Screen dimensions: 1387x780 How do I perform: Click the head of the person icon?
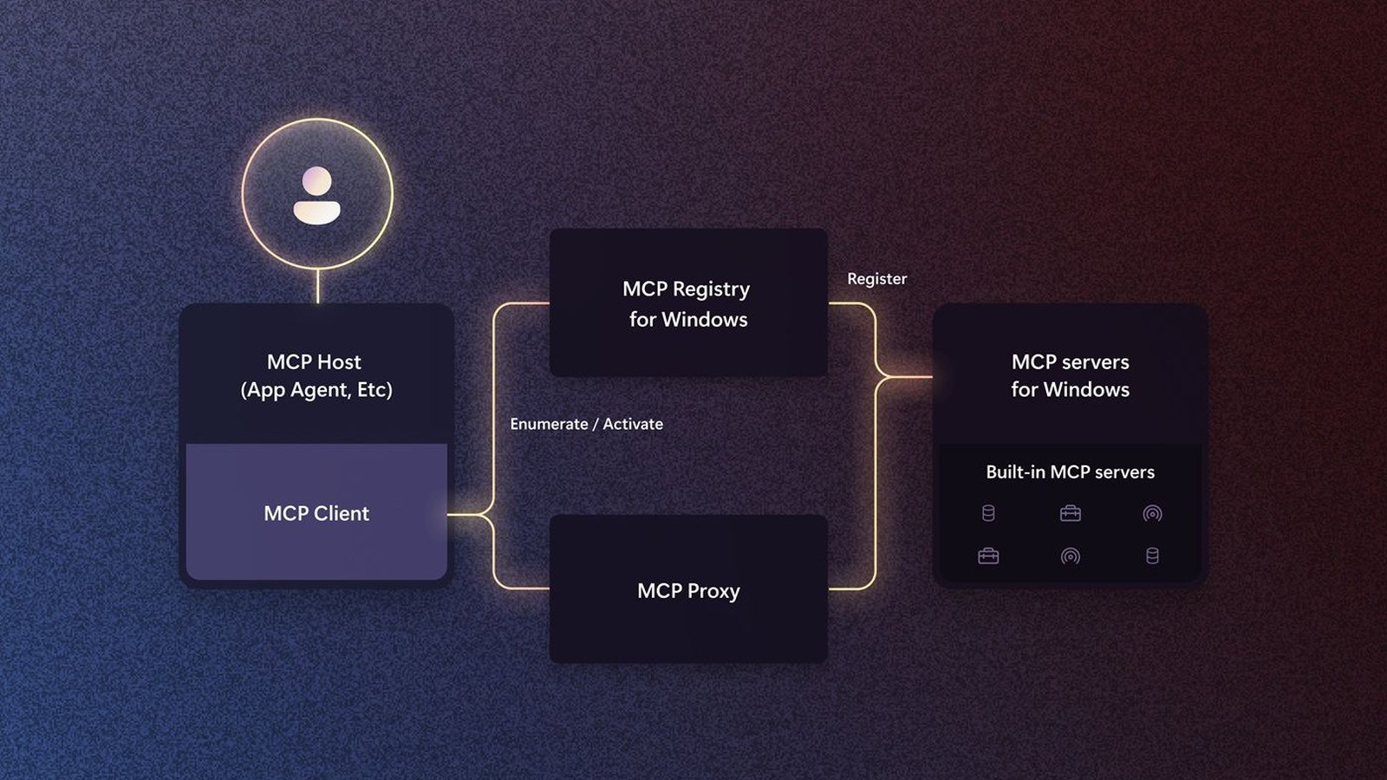pyautogui.click(x=317, y=182)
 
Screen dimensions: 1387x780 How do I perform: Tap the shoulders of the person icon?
pyautogui.click(x=317, y=212)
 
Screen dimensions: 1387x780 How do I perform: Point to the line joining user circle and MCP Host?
pyautogui.click(x=317, y=287)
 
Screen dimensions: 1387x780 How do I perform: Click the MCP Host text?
pyautogui.click(x=314, y=361)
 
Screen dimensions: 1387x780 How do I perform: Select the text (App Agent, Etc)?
pyautogui.click(x=316, y=390)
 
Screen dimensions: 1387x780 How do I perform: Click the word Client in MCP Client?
pyautogui.click(x=342, y=513)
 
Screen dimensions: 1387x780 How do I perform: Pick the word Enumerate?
pyautogui.click(x=550, y=424)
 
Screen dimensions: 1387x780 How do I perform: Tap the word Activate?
pyautogui.click(x=633, y=424)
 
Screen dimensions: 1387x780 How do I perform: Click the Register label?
pyautogui.click(x=876, y=279)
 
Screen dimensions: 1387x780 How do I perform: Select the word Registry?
pyautogui.click(x=712, y=289)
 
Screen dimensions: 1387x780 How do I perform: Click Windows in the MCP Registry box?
pyautogui.click(x=705, y=320)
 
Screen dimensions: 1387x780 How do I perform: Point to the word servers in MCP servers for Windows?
pyautogui.click(x=1095, y=362)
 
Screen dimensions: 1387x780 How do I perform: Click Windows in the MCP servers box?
pyautogui.click(x=1086, y=389)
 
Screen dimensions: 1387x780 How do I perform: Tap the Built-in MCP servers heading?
pyautogui.click(x=1070, y=472)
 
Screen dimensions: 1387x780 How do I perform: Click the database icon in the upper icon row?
pyautogui.click(x=988, y=513)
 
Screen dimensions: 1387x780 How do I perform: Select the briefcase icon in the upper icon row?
pyautogui.click(x=1070, y=513)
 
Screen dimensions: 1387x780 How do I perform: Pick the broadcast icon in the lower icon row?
pyautogui.click(x=1070, y=556)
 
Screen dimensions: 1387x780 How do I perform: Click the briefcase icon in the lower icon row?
pyautogui.click(x=988, y=556)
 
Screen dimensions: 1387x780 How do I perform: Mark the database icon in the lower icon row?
pyautogui.click(x=1152, y=556)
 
